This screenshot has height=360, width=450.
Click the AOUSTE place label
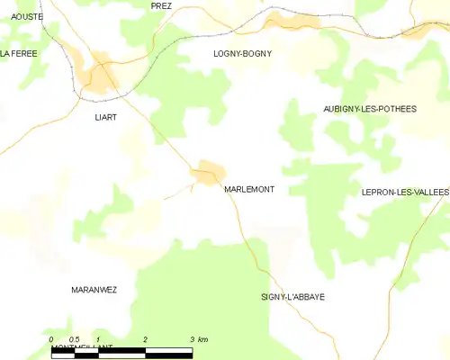coord(27,17)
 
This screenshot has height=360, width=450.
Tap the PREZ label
coord(161,5)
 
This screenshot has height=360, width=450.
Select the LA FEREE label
coord(18,54)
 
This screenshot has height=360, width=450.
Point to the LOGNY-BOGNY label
coord(242,54)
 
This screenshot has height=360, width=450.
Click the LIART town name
coord(106,117)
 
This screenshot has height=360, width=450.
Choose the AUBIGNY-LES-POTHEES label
coord(370,109)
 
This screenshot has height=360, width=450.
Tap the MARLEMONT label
coord(249,189)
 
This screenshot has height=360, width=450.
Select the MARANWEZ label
coord(94,290)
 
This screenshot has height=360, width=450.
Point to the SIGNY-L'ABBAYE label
coord(292,297)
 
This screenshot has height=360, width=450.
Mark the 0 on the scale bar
coord(51,339)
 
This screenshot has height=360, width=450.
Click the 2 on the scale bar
coord(145,339)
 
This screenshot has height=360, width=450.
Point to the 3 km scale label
coord(199,339)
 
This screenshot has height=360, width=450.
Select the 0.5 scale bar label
coord(74,339)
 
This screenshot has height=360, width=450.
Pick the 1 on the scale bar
coord(98,339)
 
